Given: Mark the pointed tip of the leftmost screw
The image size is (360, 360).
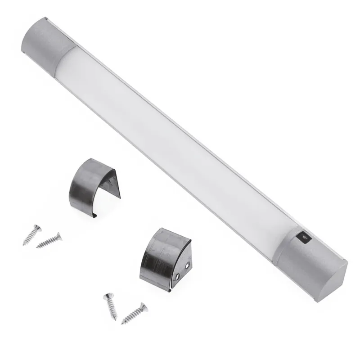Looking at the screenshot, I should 23,243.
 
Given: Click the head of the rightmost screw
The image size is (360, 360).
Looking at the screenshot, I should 142,307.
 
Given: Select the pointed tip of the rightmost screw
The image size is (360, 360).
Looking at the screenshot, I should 122,322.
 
